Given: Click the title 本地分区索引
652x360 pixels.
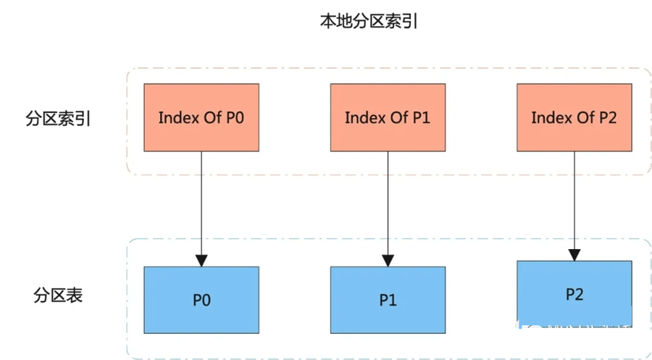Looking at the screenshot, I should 369,21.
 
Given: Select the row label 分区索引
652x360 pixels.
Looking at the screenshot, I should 58,119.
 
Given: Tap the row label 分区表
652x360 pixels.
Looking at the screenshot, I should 58,296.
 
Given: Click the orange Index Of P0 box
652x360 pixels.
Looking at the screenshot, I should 201,117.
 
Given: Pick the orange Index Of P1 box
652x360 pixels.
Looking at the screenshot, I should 388,117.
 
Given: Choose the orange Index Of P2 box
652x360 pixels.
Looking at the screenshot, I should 574,117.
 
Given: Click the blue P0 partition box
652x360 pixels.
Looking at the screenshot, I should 201,300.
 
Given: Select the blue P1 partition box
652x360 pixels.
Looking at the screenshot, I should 388,300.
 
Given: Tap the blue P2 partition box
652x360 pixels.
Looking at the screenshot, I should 574,294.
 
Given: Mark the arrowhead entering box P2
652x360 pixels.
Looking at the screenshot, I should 574,255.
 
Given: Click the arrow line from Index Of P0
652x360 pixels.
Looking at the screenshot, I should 201,203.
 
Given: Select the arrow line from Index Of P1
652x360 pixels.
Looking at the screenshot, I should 388,203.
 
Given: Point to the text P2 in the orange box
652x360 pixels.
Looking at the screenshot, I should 606,117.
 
